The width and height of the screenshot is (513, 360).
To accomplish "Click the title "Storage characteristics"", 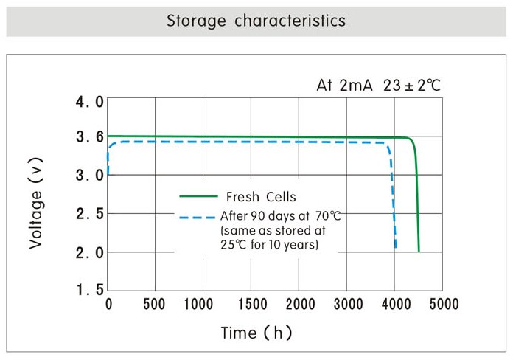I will pyautogui.click(x=256, y=21).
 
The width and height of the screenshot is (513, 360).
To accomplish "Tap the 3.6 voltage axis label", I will pyautogui.click(x=90, y=137).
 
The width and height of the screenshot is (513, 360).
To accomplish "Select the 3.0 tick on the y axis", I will pyautogui.click(x=90, y=176).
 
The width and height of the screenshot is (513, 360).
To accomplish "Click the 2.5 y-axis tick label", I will pyautogui.click(x=90, y=214).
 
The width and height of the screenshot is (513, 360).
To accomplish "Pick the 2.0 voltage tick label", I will pyautogui.click(x=90, y=252).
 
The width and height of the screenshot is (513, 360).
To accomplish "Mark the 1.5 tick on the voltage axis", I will pyautogui.click(x=90, y=290).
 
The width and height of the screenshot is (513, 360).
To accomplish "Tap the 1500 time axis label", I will pyautogui.click(x=251, y=304).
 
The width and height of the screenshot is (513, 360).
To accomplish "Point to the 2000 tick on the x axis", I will pyautogui.click(x=299, y=304).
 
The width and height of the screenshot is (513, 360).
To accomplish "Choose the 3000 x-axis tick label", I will pyautogui.click(x=347, y=304).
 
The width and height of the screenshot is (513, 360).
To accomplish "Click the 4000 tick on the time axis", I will pyautogui.click(x=395, y=304).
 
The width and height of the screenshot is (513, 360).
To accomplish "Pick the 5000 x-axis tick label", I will pyautogui.click(x=443, y=304).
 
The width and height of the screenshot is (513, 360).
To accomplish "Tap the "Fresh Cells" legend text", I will pyautogui.click(x=261, y=197).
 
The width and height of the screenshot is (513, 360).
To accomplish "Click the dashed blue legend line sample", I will pyautogui.click(x=197, y=217).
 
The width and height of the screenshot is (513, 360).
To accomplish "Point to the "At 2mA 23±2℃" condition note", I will pyautogui.click(x=378, y=85).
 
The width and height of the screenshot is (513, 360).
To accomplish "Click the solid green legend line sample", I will pyautogui.click(x=198, y=197).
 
